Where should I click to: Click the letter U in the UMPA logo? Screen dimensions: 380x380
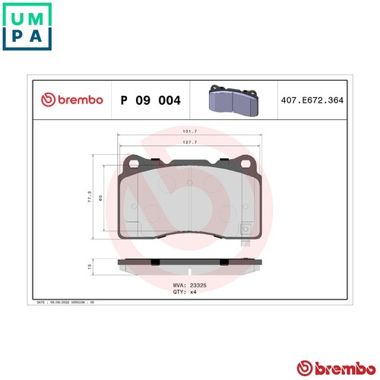[14, 15]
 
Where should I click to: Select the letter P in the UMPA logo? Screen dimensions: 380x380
[14, 37]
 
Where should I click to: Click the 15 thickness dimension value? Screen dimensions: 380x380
[90, 267]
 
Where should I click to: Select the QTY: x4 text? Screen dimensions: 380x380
[185, 291]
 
